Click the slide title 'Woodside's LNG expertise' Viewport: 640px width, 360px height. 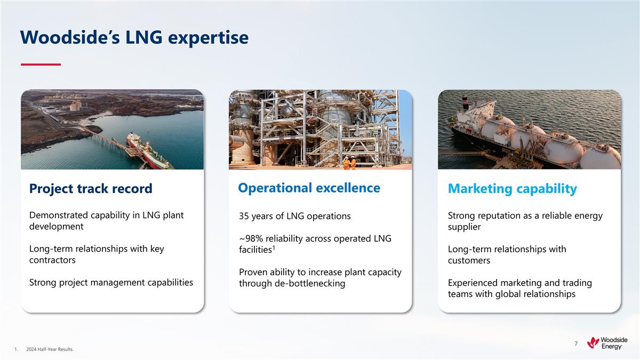pyautogui.click(x=134, y=38)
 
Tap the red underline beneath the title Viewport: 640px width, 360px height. pyautogui.click(x=41, y=65)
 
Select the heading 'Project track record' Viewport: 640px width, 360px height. pyautogui.click(x=91, y=189)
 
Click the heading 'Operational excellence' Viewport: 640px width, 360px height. pyautogui.click(x=309, y=188)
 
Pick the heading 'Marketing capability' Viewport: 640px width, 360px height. pyautogui.click(x=512, y=189)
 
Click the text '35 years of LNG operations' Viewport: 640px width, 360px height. pyautogui.click(x=294, y=216)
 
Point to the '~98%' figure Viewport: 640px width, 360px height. pyautogui.click(x=251, y=238)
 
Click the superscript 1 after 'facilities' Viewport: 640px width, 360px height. pyautogui.click(x=274, y=247)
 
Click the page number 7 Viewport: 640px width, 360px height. pyautogui.click(x=576, y=344)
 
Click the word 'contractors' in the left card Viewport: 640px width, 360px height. pyautogui.click(x=52, y=260)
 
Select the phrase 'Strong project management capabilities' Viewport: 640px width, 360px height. pyautogui.click(x=111, y=283)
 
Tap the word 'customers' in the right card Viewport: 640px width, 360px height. pyautogui.click(x=469, y=261)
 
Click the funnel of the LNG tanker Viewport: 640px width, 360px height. pyautogui.click(x=465, y=101)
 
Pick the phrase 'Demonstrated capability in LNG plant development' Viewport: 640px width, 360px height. pyautogui.click(x=106, y=221)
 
